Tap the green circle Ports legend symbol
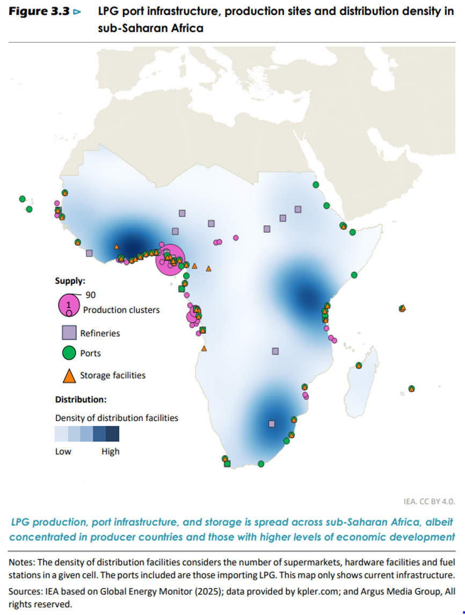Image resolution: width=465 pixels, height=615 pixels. [69, 353]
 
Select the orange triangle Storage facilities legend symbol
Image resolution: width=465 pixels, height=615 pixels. [69, 376]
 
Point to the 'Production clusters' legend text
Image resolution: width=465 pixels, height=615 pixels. [121, 310]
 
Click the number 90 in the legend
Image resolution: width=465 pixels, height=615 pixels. [90, 295]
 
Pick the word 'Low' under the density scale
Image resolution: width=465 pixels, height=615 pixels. [63, 452]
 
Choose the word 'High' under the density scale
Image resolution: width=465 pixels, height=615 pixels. [110, 452]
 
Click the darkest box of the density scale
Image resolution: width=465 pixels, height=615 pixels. [112, 434]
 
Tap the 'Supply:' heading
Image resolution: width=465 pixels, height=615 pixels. [70, 281]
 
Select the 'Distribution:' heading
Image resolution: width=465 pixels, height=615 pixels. [81, 399]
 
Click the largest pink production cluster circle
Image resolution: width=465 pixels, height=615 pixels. [171, 259]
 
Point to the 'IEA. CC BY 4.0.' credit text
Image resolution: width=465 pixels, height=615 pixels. [429, 501]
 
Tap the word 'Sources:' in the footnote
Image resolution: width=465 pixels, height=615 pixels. [25, 591]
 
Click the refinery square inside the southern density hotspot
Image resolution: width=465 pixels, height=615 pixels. [272, 424]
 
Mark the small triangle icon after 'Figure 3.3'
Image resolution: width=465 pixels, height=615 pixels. [78, 12]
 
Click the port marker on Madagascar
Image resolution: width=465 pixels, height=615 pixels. [359, 366]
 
